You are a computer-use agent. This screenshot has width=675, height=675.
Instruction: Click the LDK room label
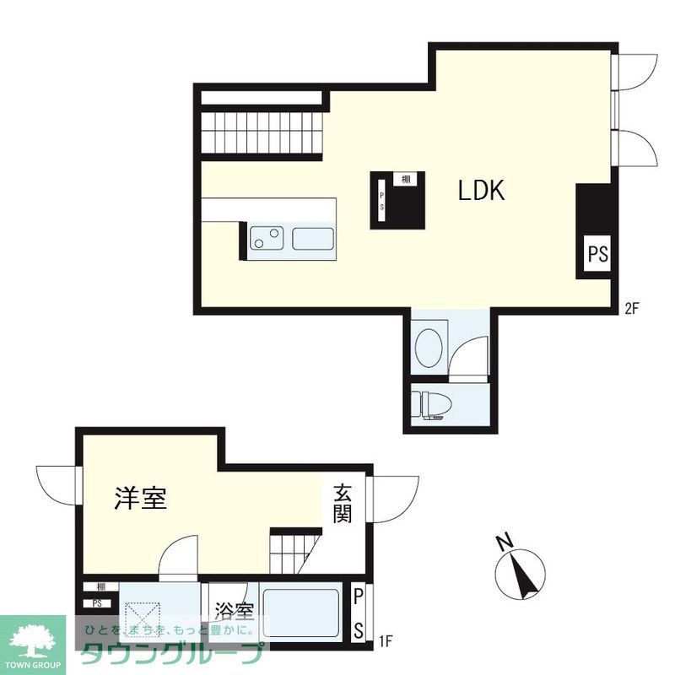481,191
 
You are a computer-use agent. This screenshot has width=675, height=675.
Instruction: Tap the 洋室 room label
140,499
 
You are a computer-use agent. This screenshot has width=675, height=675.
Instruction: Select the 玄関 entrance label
342,503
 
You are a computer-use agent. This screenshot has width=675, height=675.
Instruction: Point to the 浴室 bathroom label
235,610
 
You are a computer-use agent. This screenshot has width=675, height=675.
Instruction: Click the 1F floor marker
385,641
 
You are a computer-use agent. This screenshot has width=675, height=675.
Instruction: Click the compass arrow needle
527,576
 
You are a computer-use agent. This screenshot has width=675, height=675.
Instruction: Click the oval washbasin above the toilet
429,347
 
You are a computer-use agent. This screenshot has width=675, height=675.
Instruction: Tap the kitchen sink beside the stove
315,239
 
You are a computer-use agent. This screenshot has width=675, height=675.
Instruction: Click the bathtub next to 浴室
301,613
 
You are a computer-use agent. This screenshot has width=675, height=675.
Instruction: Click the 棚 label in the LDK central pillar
407,179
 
